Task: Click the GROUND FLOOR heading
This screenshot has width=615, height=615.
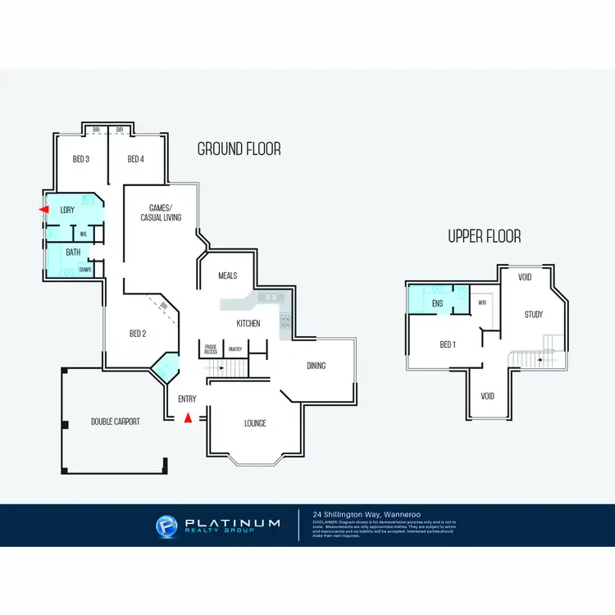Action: pos(239,149)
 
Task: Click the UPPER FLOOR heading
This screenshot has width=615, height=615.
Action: pos(484,236)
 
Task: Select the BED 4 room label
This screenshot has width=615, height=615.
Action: pos(135,159)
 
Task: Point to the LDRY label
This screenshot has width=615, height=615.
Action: pos(67,211)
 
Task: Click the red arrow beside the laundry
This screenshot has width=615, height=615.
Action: pos(43,211)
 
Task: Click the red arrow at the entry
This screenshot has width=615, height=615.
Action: pos(188,418)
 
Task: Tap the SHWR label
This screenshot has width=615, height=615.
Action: pos(84,269)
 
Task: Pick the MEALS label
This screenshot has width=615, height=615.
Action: pos(227,276)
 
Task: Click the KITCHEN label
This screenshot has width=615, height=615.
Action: pos(248,324)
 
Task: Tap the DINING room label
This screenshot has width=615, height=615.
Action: pos(316,366)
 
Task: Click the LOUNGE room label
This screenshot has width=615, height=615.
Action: pos(255,423)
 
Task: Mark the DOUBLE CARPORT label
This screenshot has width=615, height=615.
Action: pos(115,421)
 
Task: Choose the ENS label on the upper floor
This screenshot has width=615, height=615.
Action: pos(437,303)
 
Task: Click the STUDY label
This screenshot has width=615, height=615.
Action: pos(535,314)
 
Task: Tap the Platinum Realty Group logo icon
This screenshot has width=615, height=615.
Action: pos(166,526)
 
